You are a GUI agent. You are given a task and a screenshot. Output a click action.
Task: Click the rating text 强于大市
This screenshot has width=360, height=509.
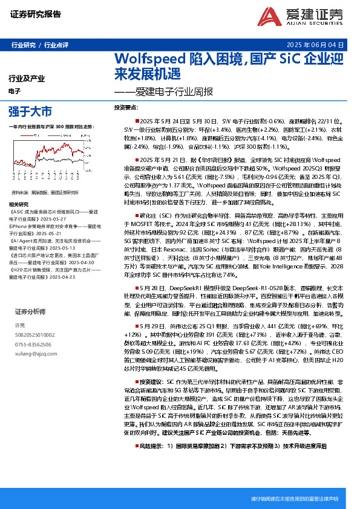[x=30, y=111]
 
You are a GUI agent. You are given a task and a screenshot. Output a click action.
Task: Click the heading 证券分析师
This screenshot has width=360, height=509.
[x=30, y=311]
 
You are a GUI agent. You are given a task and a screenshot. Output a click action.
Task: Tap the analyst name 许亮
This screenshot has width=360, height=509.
[x=19, y=325]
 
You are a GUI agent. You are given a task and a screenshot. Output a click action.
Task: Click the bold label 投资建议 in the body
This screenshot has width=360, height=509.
[x=151, y=383]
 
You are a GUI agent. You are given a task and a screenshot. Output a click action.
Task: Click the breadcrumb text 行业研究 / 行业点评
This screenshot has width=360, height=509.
[x=40, y=45]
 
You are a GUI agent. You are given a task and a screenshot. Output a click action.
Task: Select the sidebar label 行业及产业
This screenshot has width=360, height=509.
[x=27, y=79]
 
